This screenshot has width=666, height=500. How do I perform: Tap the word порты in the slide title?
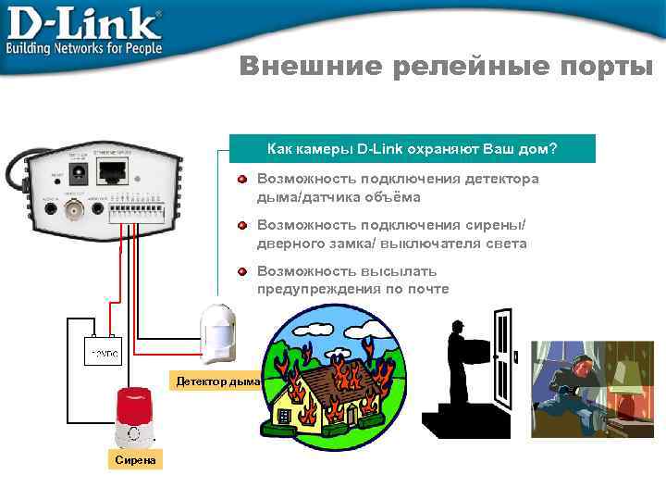(x=606, y=67)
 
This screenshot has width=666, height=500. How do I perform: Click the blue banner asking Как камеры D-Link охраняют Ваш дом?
(x=413, y=149)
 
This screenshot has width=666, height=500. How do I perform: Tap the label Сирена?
(x=135, y=460)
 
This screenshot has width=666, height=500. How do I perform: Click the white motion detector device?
(x=218, y=332)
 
